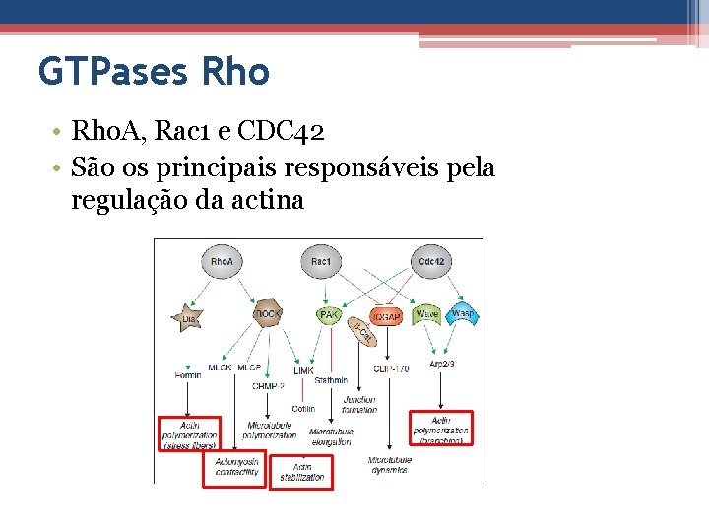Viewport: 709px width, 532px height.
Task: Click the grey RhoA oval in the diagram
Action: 222,262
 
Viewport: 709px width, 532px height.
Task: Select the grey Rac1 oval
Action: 320,262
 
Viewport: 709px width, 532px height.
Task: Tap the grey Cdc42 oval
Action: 431,262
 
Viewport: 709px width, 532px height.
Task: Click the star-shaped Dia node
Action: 189,317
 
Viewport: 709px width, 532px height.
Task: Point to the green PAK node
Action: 330,315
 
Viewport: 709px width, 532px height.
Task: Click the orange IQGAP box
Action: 385,317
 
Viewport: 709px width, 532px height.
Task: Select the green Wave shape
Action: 426,315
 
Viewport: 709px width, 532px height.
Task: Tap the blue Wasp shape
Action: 461,315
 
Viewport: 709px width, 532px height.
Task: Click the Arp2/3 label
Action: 442,365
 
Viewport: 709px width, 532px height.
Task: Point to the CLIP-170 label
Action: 391,369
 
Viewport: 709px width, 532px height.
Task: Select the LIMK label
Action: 303,371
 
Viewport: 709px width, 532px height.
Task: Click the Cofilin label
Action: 303,408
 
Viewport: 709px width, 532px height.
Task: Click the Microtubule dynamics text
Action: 389,465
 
